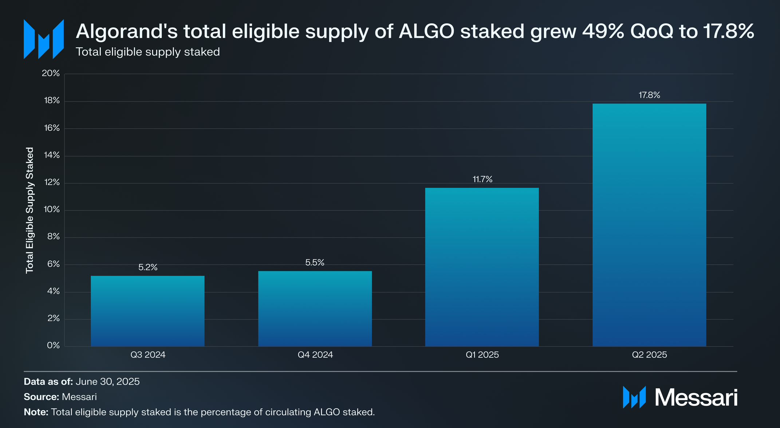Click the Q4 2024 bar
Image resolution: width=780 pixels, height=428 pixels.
(315, 309)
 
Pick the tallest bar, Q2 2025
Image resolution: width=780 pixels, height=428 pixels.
(649, 225)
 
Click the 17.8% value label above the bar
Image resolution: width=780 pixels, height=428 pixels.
(649, 95)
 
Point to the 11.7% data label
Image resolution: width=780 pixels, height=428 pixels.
(482, 179)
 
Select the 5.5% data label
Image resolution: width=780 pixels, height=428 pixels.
(315, 263)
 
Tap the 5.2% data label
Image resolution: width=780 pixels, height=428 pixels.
(148, 267)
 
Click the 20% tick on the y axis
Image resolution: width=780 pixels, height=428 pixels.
(51, 73)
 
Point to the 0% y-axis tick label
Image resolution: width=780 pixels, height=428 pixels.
(53, 345)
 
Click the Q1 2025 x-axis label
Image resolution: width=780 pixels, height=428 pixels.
(482, 355)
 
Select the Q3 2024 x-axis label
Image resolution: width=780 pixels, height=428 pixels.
(148, 355)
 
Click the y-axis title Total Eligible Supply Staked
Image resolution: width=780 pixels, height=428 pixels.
(29, 210)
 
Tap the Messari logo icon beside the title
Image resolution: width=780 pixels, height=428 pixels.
(44, 39)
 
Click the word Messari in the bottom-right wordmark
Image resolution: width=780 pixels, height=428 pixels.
(696, 397)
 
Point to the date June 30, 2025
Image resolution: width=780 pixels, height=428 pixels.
(107, 381)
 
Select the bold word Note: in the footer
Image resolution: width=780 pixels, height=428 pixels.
(36, 412)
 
